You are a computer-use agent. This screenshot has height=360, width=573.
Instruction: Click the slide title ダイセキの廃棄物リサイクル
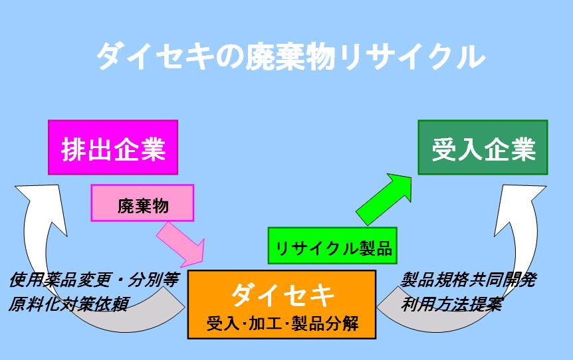291,56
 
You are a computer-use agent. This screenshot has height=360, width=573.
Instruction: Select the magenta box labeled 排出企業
113,147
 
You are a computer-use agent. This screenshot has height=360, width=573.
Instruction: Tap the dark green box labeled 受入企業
483,147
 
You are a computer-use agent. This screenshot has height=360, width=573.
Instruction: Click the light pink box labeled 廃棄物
142,203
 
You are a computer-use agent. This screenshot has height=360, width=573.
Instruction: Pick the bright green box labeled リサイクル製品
332,245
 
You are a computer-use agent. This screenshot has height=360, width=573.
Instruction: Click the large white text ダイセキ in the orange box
283,295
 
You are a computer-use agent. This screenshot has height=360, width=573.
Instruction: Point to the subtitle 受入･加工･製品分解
283,323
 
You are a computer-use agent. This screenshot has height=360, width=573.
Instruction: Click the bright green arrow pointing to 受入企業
384,199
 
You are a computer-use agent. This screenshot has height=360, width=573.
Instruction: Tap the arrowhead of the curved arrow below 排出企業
42,205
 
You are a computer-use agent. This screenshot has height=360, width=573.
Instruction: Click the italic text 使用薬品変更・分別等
94,280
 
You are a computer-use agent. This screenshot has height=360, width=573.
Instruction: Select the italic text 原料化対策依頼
68,304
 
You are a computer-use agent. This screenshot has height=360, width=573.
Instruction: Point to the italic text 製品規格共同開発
469,280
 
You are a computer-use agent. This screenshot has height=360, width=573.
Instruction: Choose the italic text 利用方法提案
451,304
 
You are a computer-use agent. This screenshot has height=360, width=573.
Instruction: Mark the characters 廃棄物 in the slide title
290,56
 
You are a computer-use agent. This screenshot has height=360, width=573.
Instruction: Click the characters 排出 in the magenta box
86,149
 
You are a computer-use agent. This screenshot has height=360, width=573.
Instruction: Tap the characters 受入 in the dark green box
457,149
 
